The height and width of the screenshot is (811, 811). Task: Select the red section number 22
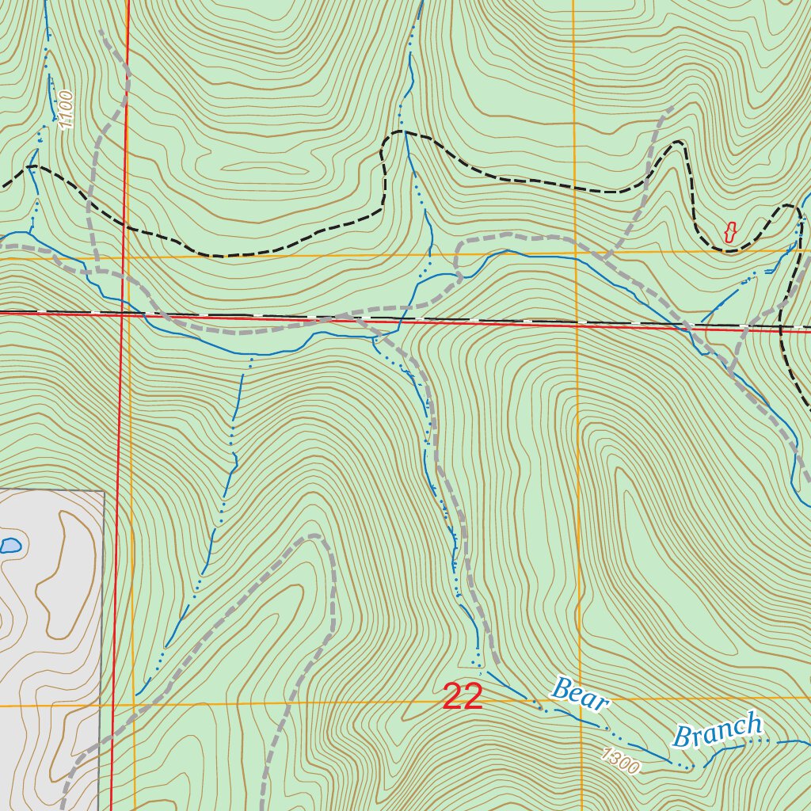pyautogui.click(x=463, y=697)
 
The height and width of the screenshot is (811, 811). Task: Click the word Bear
pyautogui.click(x=580, y=694)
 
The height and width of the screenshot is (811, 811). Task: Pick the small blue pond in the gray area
pyautogui.click(x=10, y=545)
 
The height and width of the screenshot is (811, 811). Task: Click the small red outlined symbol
pyautogui.click(x=730, y=232)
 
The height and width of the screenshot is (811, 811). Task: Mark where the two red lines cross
pyautogui.click(x=124, y=314)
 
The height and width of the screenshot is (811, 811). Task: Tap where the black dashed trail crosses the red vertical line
pyautogui.click(x=126, y=225)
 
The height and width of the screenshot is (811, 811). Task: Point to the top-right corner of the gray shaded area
pyautogui.click(x=104, y=492)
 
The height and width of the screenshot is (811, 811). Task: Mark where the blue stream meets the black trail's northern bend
pyautogui.click(x=405, y=132)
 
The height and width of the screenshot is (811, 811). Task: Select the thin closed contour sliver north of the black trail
pyautogui.click(x=261, y=169)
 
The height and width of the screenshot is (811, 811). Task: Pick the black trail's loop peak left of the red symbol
pyautogui.click(x=678, y=143)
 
